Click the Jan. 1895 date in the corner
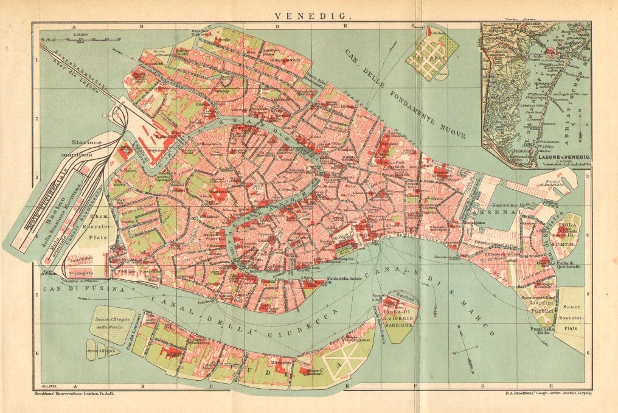pyautogui.click(x=47, y=386)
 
